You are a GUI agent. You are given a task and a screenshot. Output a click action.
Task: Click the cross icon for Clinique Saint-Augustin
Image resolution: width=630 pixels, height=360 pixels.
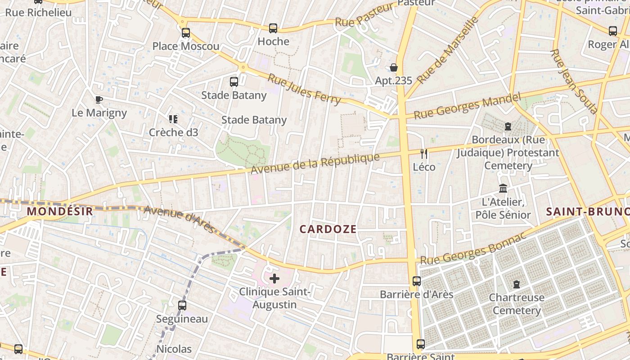[274, 279]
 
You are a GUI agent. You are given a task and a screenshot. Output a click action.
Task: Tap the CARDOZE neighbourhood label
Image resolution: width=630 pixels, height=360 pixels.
[328, 229]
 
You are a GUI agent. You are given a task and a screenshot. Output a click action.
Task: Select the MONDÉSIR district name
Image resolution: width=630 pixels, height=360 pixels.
[59, 211]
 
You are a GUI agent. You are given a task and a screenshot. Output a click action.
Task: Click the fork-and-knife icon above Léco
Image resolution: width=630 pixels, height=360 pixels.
[423, 154]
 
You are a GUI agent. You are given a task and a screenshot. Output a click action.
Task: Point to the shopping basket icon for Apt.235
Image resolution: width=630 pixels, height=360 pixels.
[394, 67]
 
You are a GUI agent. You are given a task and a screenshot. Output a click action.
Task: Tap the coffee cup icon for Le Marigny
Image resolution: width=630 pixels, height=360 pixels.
[99, 99]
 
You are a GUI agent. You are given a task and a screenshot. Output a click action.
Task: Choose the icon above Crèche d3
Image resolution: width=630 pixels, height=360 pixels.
[173, 119]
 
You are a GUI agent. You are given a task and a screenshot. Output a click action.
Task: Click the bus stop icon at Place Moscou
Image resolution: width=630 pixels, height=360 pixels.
[186, 33]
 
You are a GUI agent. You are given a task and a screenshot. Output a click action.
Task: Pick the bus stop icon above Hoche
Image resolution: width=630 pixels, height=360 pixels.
[273, 28]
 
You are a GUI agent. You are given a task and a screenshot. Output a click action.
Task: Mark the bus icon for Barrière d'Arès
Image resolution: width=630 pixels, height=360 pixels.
[417, 281]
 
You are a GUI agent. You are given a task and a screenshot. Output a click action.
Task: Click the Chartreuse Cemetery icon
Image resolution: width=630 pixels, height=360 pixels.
[517, 284]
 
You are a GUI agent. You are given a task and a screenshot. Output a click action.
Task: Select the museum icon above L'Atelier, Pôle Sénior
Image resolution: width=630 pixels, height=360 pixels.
[503, 189]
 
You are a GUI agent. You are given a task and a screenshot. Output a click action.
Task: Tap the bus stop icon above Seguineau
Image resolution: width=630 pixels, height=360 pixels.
[182, 306]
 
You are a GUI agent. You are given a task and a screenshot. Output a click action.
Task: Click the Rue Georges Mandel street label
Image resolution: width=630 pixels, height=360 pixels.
[467, 106]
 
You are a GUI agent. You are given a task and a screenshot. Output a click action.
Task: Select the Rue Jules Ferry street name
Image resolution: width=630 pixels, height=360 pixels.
[304, 89]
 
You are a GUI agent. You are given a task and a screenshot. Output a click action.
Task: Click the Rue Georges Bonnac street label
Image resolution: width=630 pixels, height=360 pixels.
[472, 249]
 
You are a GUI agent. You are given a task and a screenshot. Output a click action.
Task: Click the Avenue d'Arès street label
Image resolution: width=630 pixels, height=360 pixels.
[179, 220]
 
